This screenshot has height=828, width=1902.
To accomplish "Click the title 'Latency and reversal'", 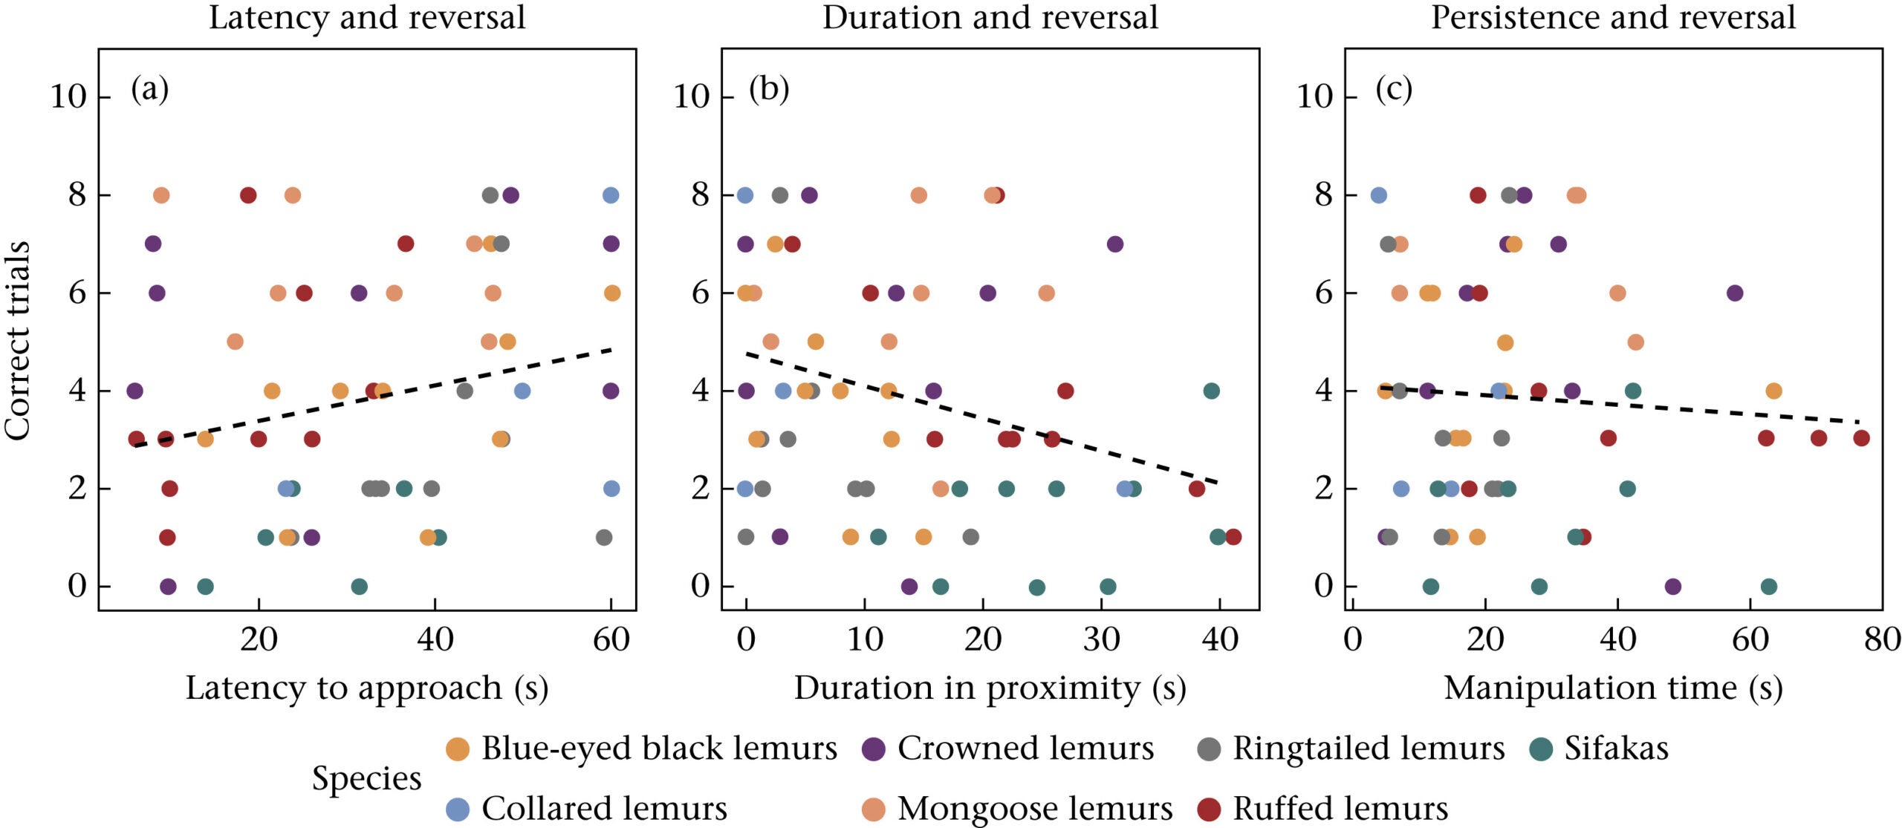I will pos(367,18).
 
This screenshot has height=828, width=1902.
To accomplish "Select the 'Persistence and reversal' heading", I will pos(1613,18).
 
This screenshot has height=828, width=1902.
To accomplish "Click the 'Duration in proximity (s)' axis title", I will pos(990,688).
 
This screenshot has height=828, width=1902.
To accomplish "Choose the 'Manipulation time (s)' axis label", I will pos(1613,688).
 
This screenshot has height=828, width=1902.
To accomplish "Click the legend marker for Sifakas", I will pos(1542,749).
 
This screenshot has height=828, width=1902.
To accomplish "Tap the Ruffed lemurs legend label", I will pos(1340,809).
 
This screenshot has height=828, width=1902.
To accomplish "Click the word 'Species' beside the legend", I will pos(366,778).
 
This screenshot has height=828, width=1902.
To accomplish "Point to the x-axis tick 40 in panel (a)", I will pos(435,640).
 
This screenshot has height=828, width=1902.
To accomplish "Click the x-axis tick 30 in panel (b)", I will pos(1101,640).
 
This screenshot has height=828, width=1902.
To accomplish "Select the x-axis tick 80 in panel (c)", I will pos(1882,640).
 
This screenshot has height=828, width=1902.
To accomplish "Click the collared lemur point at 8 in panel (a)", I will pos(611,195).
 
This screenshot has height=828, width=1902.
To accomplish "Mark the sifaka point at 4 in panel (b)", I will pos(1211,391).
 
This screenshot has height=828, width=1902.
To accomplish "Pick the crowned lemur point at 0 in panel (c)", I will pos(1672,587).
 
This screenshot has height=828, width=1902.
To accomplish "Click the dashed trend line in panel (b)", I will pos(981,419).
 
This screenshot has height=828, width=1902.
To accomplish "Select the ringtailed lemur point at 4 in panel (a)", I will pos(464,391).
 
